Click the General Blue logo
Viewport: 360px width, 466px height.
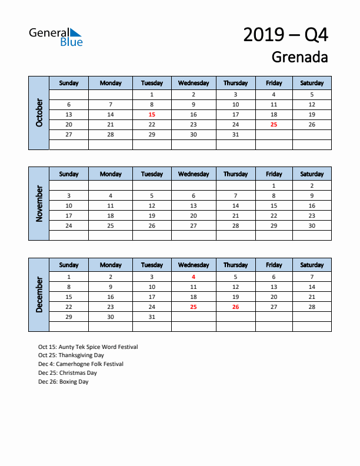[x=56, y=36]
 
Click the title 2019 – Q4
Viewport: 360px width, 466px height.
[x=285, y=35]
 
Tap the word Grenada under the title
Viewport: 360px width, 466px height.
[x=299, y=57]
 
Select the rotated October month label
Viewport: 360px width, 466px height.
[x=39, y=112]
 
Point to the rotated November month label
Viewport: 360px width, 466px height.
[x=39, y=204]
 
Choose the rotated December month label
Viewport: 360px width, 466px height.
[x=39, y=295]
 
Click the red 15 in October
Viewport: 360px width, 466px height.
[x=152, y=115]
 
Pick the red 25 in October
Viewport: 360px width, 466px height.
[x=274, y=125]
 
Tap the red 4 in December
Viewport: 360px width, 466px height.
[x=194, y=277]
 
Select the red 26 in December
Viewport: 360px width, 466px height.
[x=235, y=307]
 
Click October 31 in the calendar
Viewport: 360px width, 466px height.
[x=235, y=135]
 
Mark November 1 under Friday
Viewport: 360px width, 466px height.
[x=274, y=185]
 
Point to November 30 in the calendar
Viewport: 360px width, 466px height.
[x=312, y=226]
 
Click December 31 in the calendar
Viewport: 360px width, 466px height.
[x=152, y=317]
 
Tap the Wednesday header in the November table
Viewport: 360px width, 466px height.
[x=194, y=174]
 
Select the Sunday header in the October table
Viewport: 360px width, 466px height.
[x=69, y=83]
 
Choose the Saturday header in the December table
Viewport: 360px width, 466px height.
[x=312, y=265]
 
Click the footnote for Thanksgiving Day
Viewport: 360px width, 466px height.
[x=71, y=355]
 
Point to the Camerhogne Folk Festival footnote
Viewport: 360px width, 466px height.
[x=81, y=364]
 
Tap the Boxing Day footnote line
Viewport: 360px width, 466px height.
[x=63, y=381]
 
